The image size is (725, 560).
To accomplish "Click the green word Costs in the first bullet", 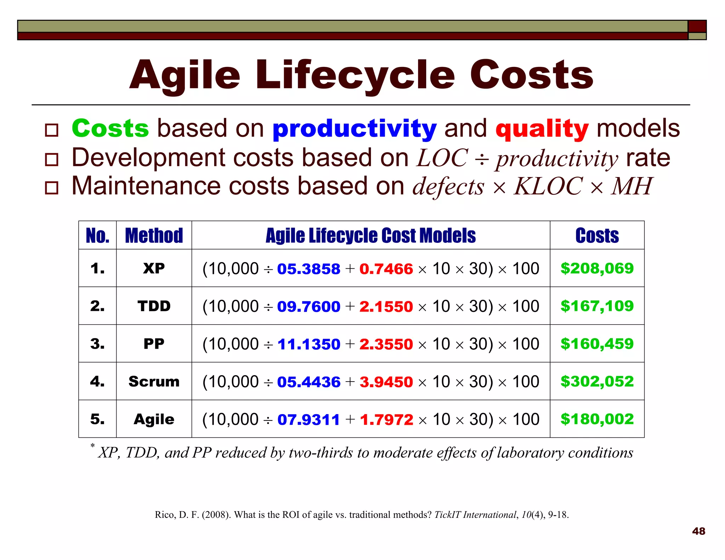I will [x=110, y=128].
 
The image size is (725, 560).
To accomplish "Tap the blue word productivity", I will [x=354, y=129].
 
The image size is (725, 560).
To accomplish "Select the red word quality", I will [x=542, y=129].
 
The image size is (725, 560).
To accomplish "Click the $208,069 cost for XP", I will [x=597, y=268].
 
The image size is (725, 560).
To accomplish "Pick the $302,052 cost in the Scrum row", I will [x=597, y=381].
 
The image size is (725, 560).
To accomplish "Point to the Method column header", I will [x=154, y=236].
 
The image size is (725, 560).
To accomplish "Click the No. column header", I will [x=98, y=236].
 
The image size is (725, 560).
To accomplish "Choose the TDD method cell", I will [x=154, y=306].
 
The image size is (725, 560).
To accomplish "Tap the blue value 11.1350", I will [x=309, y=344].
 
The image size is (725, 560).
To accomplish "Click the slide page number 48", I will [x=698, y=531].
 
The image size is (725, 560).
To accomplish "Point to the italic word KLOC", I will [x=548, y=186].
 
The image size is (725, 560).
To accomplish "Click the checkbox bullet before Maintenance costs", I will [x=52, y=187].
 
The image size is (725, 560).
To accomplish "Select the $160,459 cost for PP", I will [x=597, y=344].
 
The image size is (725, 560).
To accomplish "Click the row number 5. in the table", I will [x=97, y=419].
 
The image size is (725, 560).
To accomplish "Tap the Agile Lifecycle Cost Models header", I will [x=371, y=236].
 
